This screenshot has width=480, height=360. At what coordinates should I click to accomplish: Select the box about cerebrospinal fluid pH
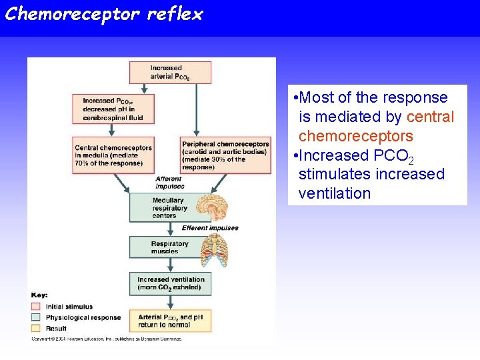[x=113, y=109]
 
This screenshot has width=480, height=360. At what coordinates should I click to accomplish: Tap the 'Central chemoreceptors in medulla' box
[x=114, y=155]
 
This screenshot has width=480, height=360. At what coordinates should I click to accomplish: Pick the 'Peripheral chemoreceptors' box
[x=225, y=155]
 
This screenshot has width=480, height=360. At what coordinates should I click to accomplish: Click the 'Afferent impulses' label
[x=169, y=182]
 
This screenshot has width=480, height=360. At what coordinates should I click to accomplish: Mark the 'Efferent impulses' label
[x=210, y=228]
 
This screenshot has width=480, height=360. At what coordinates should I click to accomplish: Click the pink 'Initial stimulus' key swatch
[x=35, y=307]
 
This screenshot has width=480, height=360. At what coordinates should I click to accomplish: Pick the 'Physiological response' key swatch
[x=35, y=317]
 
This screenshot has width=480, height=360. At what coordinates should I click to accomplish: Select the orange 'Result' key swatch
[x=35, y=328]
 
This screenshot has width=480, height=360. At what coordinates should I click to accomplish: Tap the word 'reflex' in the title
[x=177, y=14]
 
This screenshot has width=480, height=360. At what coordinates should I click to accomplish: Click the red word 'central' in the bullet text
[x=430, y=117]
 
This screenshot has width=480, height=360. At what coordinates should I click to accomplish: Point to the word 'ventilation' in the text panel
[x=334, y=193]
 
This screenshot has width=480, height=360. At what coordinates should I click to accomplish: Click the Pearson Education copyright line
[x=107, y=339]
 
